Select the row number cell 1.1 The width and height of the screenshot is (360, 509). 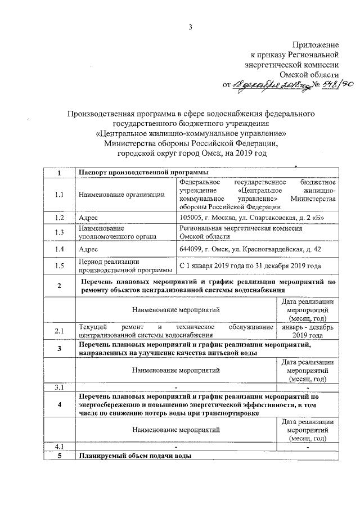[59, 195]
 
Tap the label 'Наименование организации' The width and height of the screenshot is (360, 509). [122, 195]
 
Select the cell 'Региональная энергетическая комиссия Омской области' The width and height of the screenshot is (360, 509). [241, 232]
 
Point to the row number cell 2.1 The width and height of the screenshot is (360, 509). [59, 331]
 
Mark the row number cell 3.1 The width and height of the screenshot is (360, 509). [59, 388]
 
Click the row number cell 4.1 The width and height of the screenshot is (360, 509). [59, 447]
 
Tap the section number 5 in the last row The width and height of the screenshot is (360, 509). [59, 456]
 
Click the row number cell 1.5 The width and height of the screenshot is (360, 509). [59, 265]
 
